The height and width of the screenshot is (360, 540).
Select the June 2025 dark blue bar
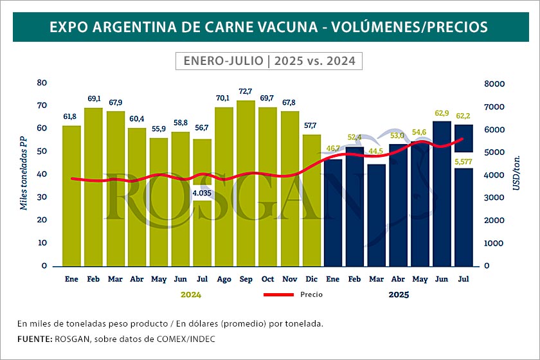pyautogui.click(x=442, y=193)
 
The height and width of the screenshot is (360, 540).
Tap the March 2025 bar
pyautogui.click(x=376, y=215)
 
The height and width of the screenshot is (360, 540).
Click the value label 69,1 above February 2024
pyautogui.click(x=93, y=99)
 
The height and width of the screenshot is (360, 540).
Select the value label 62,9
pyautogui.click(x=442, y=114)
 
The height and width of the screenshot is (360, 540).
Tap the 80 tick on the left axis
pyautogui.click(x=42, y=82)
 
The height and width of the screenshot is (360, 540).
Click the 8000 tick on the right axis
pyautogui.click(x=495, y=84)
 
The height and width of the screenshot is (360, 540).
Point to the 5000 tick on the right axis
pyautogui.click(x=495, y=152)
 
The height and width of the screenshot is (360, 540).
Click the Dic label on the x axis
pyautogui.click(x=311, y=280)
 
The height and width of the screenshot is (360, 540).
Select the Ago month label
pyautogui.click(x=224, y=280)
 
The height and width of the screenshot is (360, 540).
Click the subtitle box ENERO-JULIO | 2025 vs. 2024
pyautogui.click(x=269, y=61)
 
